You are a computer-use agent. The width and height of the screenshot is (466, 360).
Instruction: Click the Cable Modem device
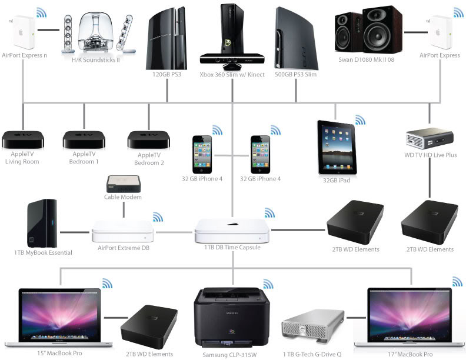(124, 184)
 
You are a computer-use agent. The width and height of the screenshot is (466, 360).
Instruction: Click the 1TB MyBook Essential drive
(42, 225)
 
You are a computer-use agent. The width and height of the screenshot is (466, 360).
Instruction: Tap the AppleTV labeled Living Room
(22, 139)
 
